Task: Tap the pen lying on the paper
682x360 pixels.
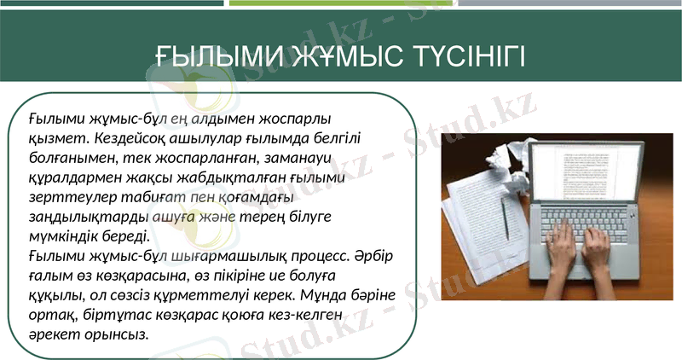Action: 506,218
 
